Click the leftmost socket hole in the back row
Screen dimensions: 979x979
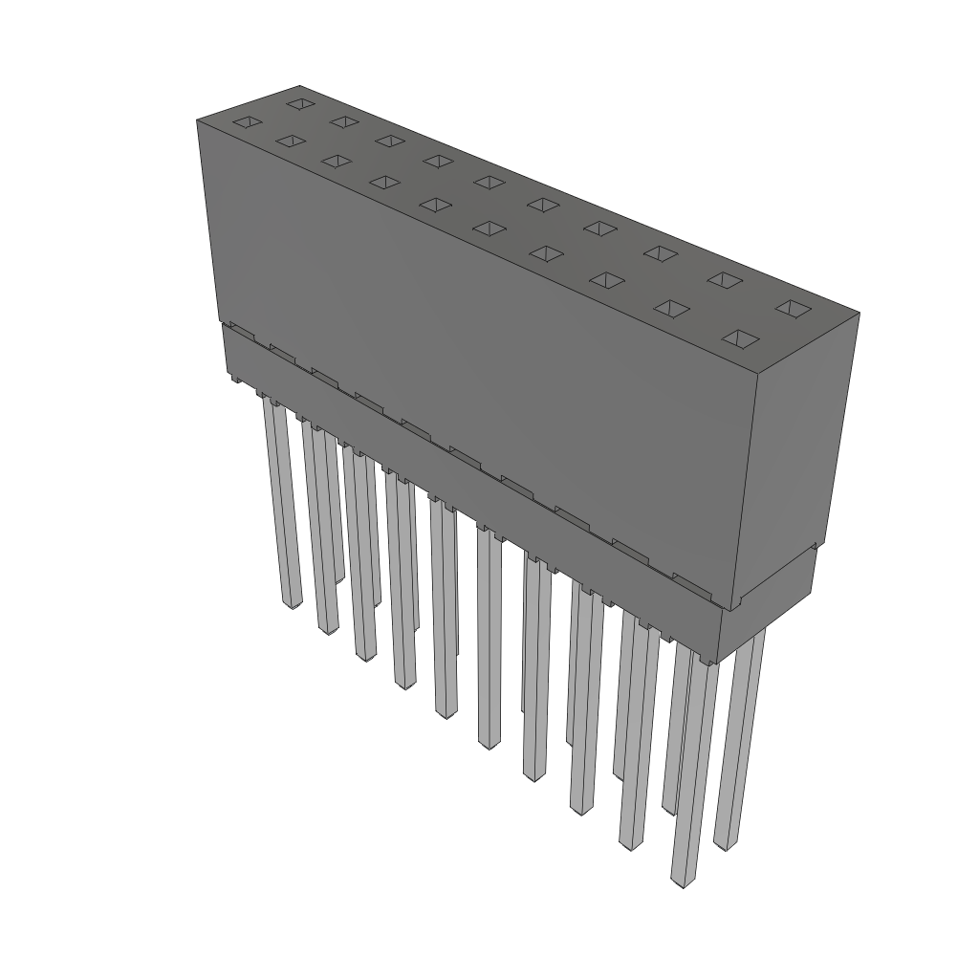pos(300,102)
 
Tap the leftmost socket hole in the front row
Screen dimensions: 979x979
pos(247,122)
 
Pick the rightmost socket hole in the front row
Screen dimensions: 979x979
pos(742,339)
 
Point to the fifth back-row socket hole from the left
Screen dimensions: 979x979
pos(489,182)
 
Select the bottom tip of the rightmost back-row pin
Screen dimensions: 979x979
pos(726,845)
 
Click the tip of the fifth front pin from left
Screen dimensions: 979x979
pos(446,712)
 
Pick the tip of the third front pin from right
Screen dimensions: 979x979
pos(581,810)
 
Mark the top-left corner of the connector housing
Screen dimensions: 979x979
pos(197,120)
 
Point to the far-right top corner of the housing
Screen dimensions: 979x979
pos(859,313)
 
